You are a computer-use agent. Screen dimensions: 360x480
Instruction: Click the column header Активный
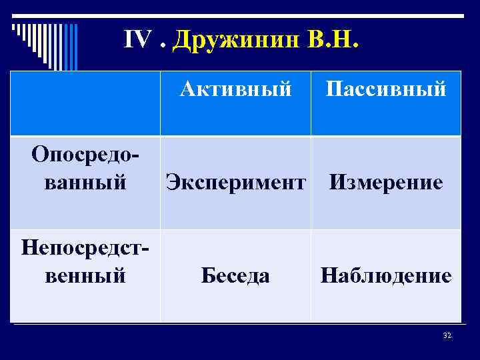click(x=235, y=88)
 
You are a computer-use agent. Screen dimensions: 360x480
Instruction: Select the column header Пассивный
click(x=385, y=88)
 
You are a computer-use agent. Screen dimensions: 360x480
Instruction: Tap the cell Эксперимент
click(x=235, y=182)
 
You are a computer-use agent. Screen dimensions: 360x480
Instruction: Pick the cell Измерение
click(x=386, y=182)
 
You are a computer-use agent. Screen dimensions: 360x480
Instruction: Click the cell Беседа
click(x=235, y=275)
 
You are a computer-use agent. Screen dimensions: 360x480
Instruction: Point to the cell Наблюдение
click(x=386, y=275)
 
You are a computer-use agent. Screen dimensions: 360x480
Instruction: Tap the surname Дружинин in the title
click(x=236, y=41)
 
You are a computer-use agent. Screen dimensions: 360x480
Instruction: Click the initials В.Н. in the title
click(x=333, y=41)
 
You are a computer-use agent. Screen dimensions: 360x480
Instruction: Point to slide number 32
click(x=447, y=335)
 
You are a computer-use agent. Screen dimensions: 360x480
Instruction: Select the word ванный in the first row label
click(x=85, y=181)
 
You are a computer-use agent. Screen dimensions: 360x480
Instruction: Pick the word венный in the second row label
click(x=85, y=275)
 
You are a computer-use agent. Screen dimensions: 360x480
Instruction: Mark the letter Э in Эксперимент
click(x=172, y=182)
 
